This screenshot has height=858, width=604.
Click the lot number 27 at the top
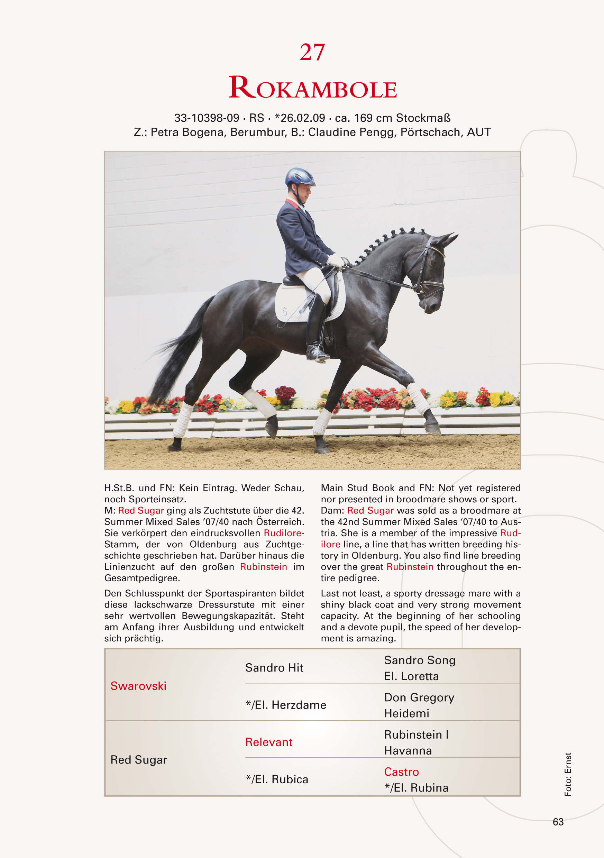pos(312,52)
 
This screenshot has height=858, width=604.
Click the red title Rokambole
pos(312,88)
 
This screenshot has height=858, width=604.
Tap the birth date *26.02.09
pos(300,118)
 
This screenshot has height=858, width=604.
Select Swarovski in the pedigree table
pos(138,686)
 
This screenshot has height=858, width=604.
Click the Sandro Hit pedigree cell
pos(274,668)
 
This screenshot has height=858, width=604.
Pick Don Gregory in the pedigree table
pos(419,697)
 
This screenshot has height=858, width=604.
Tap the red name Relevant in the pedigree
pos(269,742)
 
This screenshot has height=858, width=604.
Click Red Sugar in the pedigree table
pos(139,760)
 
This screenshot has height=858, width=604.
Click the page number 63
pos(558,822)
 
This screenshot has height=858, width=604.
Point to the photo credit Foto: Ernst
pos(568,774)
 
